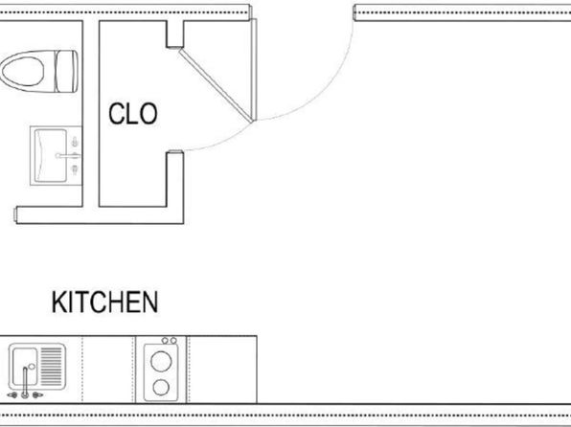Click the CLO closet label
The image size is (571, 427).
click(x=133, y=114)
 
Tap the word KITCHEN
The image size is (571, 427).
click(x=104, y=303)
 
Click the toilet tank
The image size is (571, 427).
click(x=66, y=72)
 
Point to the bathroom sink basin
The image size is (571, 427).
click(x=51, y=156)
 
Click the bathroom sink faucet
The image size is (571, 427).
click(x=68, y=156)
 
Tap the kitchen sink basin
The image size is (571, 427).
click(x=25, y=366)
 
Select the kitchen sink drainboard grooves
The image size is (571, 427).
click(x=52, y=366)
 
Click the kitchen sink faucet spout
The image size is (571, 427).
click(x=25, y=381)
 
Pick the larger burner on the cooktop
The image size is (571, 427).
click(x=161, y=362)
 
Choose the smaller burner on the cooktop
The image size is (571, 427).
click(x=161, y=388)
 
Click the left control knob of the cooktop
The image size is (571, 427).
click(x=165, y=341)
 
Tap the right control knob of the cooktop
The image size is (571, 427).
click(x=173, y=341)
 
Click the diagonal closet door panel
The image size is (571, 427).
click(x=216, y=86)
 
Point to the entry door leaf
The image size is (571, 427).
click(x=254, y=70)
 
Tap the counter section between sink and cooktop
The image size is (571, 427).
click(x=108, y=370)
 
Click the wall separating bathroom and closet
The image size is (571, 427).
click(x=91, y=114)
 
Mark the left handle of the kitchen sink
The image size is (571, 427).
click(x=12, y=395)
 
